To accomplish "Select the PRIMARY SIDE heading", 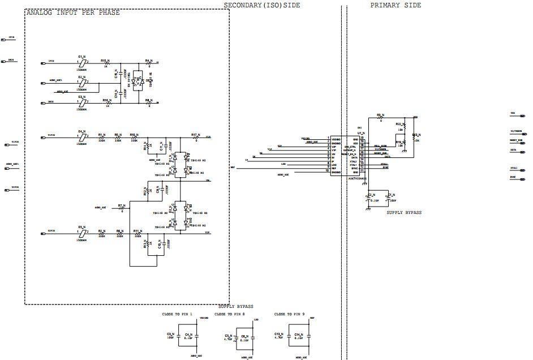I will [x=396, y=5].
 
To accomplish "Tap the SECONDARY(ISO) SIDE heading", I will [x=262, y=5].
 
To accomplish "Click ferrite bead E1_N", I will [x=82, y=62].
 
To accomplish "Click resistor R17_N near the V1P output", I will [x=195, y=138].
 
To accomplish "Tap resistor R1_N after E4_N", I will [x=102, y=138].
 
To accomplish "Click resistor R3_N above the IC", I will [x=381, y=118].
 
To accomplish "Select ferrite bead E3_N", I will [x=82, y=102].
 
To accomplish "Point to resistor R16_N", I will [x=106, y=102].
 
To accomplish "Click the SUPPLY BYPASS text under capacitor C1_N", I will [x=404, y=213].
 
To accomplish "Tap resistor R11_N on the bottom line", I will [x=137, y=234].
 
